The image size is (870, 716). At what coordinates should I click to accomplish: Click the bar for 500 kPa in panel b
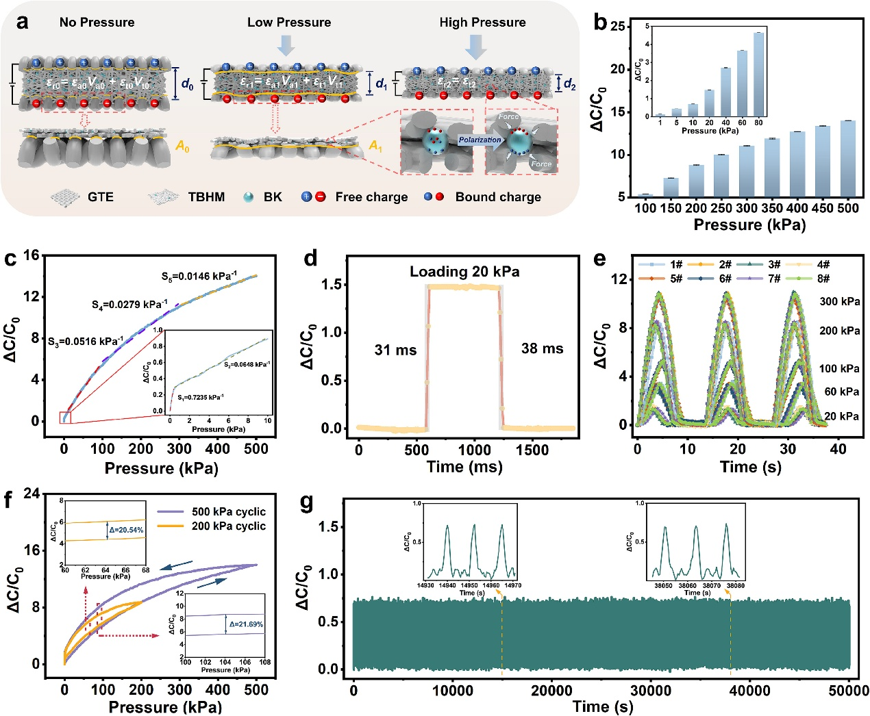pos(847,159)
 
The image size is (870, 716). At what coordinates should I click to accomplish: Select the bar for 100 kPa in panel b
pos(645,196)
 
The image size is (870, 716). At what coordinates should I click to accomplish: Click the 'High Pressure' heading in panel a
pos(482,23)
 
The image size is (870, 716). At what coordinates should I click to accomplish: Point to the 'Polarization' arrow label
pos(480,140)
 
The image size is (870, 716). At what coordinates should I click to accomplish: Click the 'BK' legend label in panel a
pos(273,197)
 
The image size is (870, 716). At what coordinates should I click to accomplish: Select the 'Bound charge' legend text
pos(498,197)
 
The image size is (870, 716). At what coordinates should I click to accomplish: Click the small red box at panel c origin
pos(65,418)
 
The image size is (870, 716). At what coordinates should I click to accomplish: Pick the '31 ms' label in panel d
pos(395,350)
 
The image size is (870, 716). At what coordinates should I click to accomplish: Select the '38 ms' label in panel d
pos(542,348)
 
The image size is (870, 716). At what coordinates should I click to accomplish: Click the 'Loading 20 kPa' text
pos(464,272)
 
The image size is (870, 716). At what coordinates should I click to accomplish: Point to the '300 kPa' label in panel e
pos(839,301)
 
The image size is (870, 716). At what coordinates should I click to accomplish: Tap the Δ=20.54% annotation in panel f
pos(126,530)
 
